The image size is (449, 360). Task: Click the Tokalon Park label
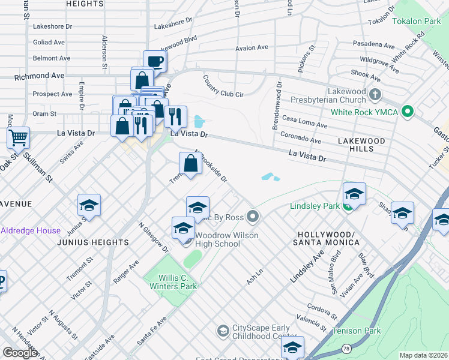point(416,21)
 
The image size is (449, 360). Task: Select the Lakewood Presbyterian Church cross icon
point(375,94)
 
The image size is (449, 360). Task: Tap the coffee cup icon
point(155,61)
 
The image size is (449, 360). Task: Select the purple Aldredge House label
point(30,230)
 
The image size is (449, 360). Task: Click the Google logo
point(20,352)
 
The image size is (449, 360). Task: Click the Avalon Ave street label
point(252,47)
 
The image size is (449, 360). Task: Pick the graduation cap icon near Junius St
point(89,205)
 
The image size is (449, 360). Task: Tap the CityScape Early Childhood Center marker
point(223,331)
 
